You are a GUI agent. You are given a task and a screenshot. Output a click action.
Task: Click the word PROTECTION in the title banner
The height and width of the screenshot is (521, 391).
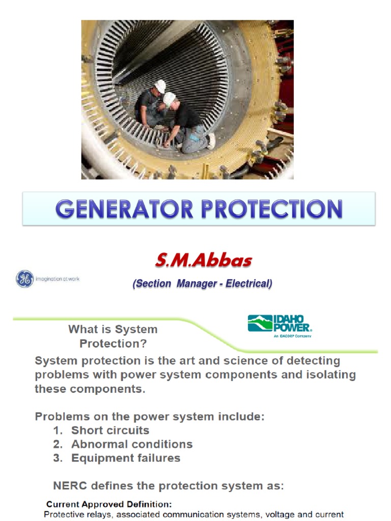[x=268, y=209]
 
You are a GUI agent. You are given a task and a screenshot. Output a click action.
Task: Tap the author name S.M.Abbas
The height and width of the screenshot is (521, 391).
[x=203, y=261]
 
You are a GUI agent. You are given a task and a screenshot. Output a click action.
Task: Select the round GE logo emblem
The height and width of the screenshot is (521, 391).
[x=24, y=279]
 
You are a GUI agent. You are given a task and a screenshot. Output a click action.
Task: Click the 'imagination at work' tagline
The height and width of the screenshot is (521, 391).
[x=57, y=279]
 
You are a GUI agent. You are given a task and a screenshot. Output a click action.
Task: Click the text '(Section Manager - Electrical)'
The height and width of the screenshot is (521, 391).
[x=202, y=284]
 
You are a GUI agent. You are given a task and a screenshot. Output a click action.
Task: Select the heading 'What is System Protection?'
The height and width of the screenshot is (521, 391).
[x=113, y=336]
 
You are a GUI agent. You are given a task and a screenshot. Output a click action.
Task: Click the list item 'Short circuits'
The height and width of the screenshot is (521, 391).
[x=110, y=430]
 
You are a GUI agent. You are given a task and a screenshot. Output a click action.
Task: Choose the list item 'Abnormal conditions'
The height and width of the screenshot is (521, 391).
[x=132, y=444]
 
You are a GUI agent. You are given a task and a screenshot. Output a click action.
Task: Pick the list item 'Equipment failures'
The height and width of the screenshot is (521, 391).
[x=126, y=457]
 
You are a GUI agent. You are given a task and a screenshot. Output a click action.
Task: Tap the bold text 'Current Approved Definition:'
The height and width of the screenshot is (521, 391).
[x=109, y=504]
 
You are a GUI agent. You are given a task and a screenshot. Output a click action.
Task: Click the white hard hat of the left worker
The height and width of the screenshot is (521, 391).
[x=160, y=86]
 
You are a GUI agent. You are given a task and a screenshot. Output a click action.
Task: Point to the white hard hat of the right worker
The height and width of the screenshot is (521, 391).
[x=170, y=99]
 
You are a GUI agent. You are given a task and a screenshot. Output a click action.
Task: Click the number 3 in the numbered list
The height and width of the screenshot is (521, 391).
[x=57, y=457]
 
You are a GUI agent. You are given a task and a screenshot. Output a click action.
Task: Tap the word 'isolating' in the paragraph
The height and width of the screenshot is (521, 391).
[x=330, y=375]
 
